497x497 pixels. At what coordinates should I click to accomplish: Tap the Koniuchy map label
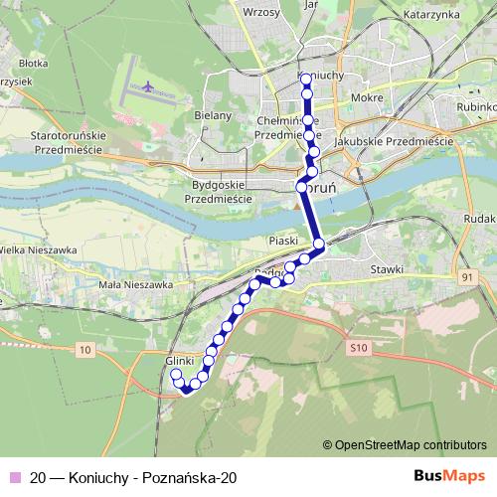click(320, 75)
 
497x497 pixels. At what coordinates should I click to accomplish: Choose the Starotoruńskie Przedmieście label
click(76, 139)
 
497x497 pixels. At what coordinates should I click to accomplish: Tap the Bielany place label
click(213, 115)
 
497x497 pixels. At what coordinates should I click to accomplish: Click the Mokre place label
click(366, 99)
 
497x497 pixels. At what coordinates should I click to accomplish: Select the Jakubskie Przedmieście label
click(394, 142)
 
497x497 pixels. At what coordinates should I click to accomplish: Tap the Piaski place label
click(285, 240)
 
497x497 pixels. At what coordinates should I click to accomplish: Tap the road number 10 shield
click(83, 349)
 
